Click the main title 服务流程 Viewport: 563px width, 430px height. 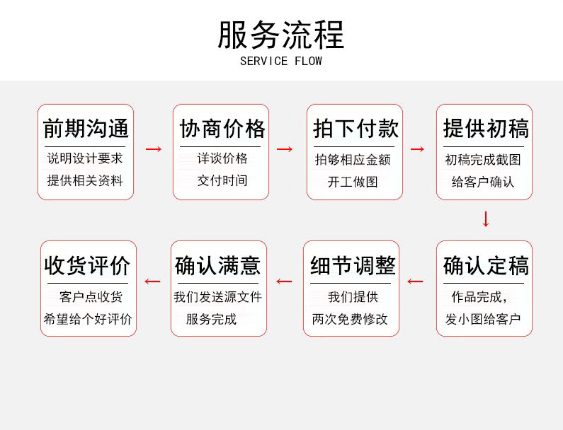tap(281, 35)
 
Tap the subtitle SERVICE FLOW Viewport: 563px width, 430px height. tap(281, 61)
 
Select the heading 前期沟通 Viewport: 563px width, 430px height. tap(86, 129)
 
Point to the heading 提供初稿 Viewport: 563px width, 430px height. tap(485, 129)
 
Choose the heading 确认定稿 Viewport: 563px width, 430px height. tap(485, 266)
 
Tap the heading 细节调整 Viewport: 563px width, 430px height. tap(352, 266)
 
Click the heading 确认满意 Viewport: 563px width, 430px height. tap(218, 266)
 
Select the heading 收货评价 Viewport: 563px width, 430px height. tap(88, 266)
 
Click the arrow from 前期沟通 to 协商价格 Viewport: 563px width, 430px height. tap(154, 149)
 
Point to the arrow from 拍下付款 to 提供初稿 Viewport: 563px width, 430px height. tap(418, 149)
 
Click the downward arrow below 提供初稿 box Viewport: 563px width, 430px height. tap(486, 219)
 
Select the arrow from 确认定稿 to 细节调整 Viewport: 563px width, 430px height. tap(416, 281)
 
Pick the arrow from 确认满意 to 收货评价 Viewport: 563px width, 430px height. tap(152, 281)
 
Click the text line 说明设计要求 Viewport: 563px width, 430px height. tap(85, 158)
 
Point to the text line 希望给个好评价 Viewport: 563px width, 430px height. tap(88, 319)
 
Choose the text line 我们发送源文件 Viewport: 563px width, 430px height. tap(218, 297)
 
